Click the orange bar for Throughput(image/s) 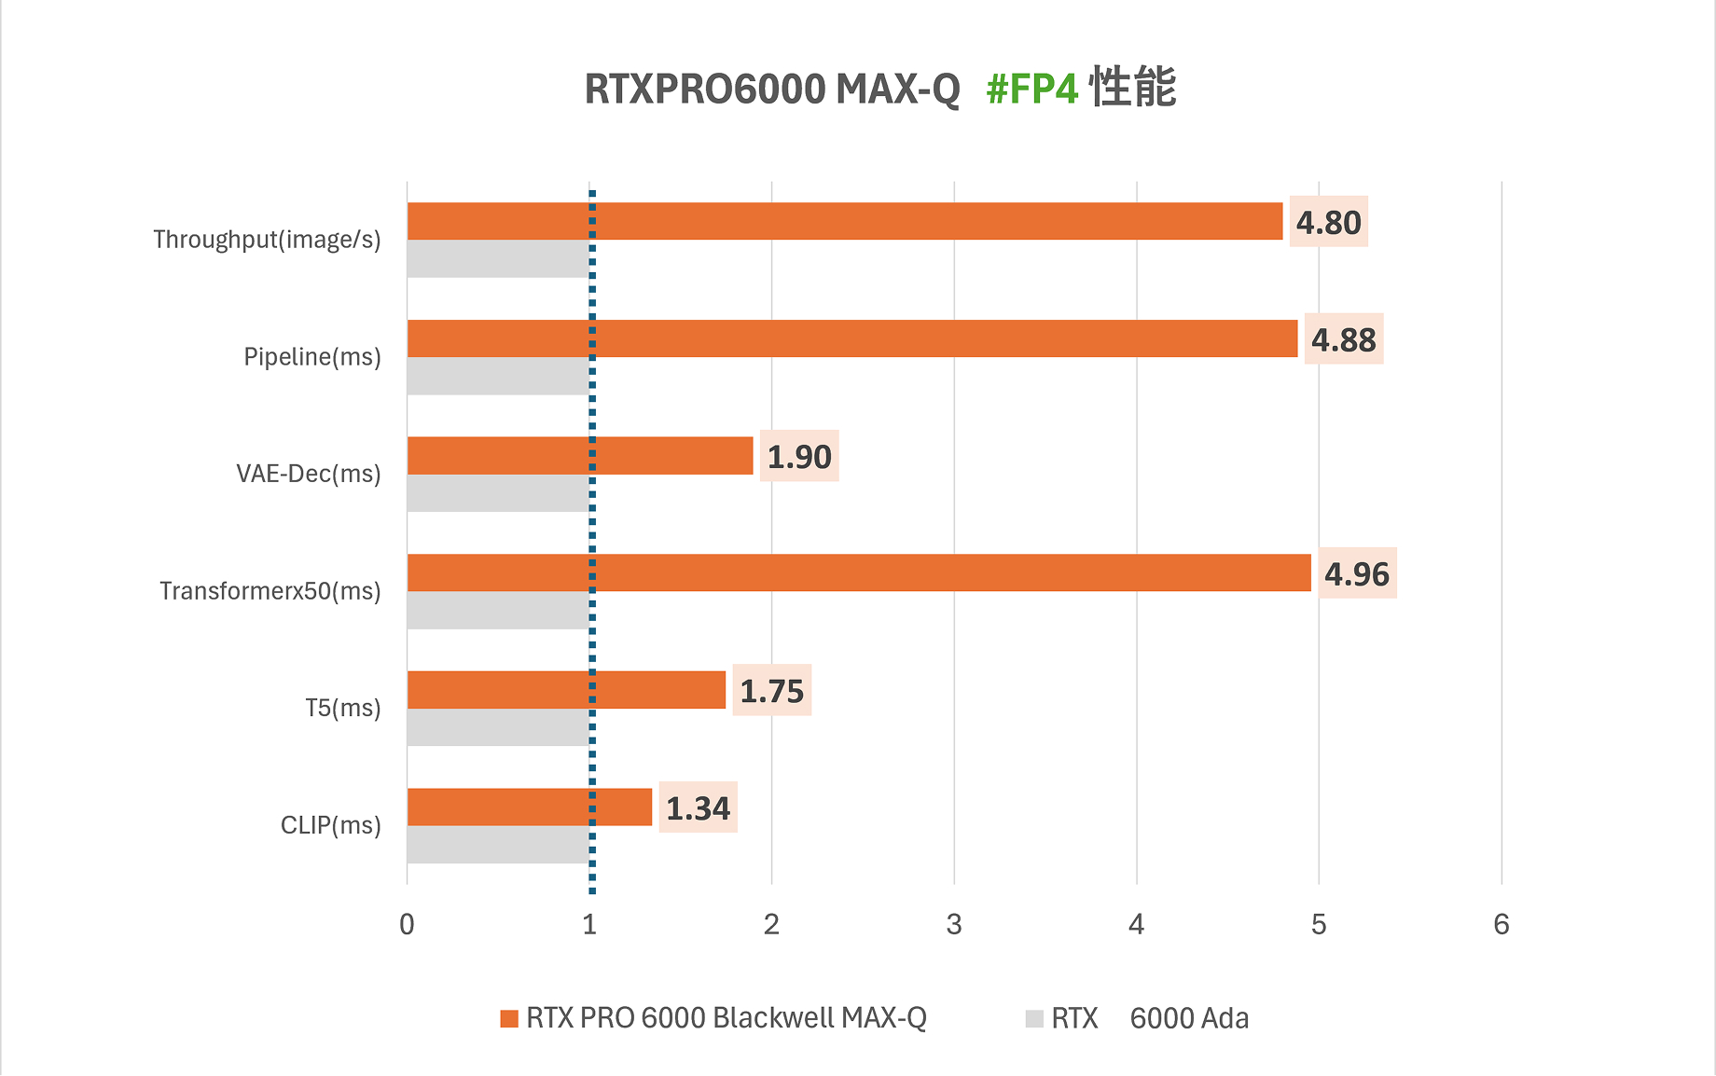[844, 221]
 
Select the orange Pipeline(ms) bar [851, 338]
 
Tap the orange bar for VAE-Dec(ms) [579, 456]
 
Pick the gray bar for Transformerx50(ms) [498, 610]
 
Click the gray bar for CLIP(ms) [498, 845]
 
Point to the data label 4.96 [1356, 573]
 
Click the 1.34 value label [698, 807]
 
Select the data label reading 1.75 [771, 691]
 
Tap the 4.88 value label [1343, 339]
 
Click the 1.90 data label [799, 457]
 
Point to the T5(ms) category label [343, 708]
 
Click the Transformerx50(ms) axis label [270, 591]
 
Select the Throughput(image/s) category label [267, 240]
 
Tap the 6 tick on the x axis [1501, 924]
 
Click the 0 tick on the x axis [407, 924]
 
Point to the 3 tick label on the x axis [953, 924]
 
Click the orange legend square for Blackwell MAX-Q [509, 1018]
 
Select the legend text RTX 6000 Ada [1149, 1018]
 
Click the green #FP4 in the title [1031, 90]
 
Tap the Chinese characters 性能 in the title [1133, 88]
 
